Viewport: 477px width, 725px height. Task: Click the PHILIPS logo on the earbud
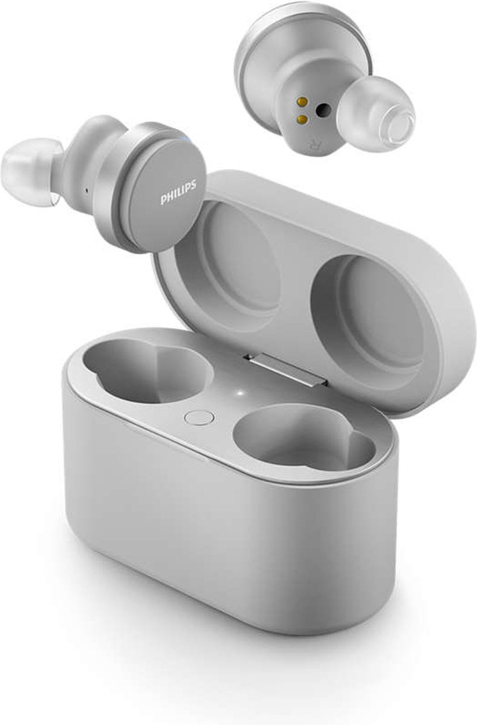point(178,193)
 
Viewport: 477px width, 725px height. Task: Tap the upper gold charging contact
point(302,102)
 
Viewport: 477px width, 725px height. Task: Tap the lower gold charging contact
point(302,120)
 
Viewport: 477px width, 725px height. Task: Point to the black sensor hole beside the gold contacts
point(322,111)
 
